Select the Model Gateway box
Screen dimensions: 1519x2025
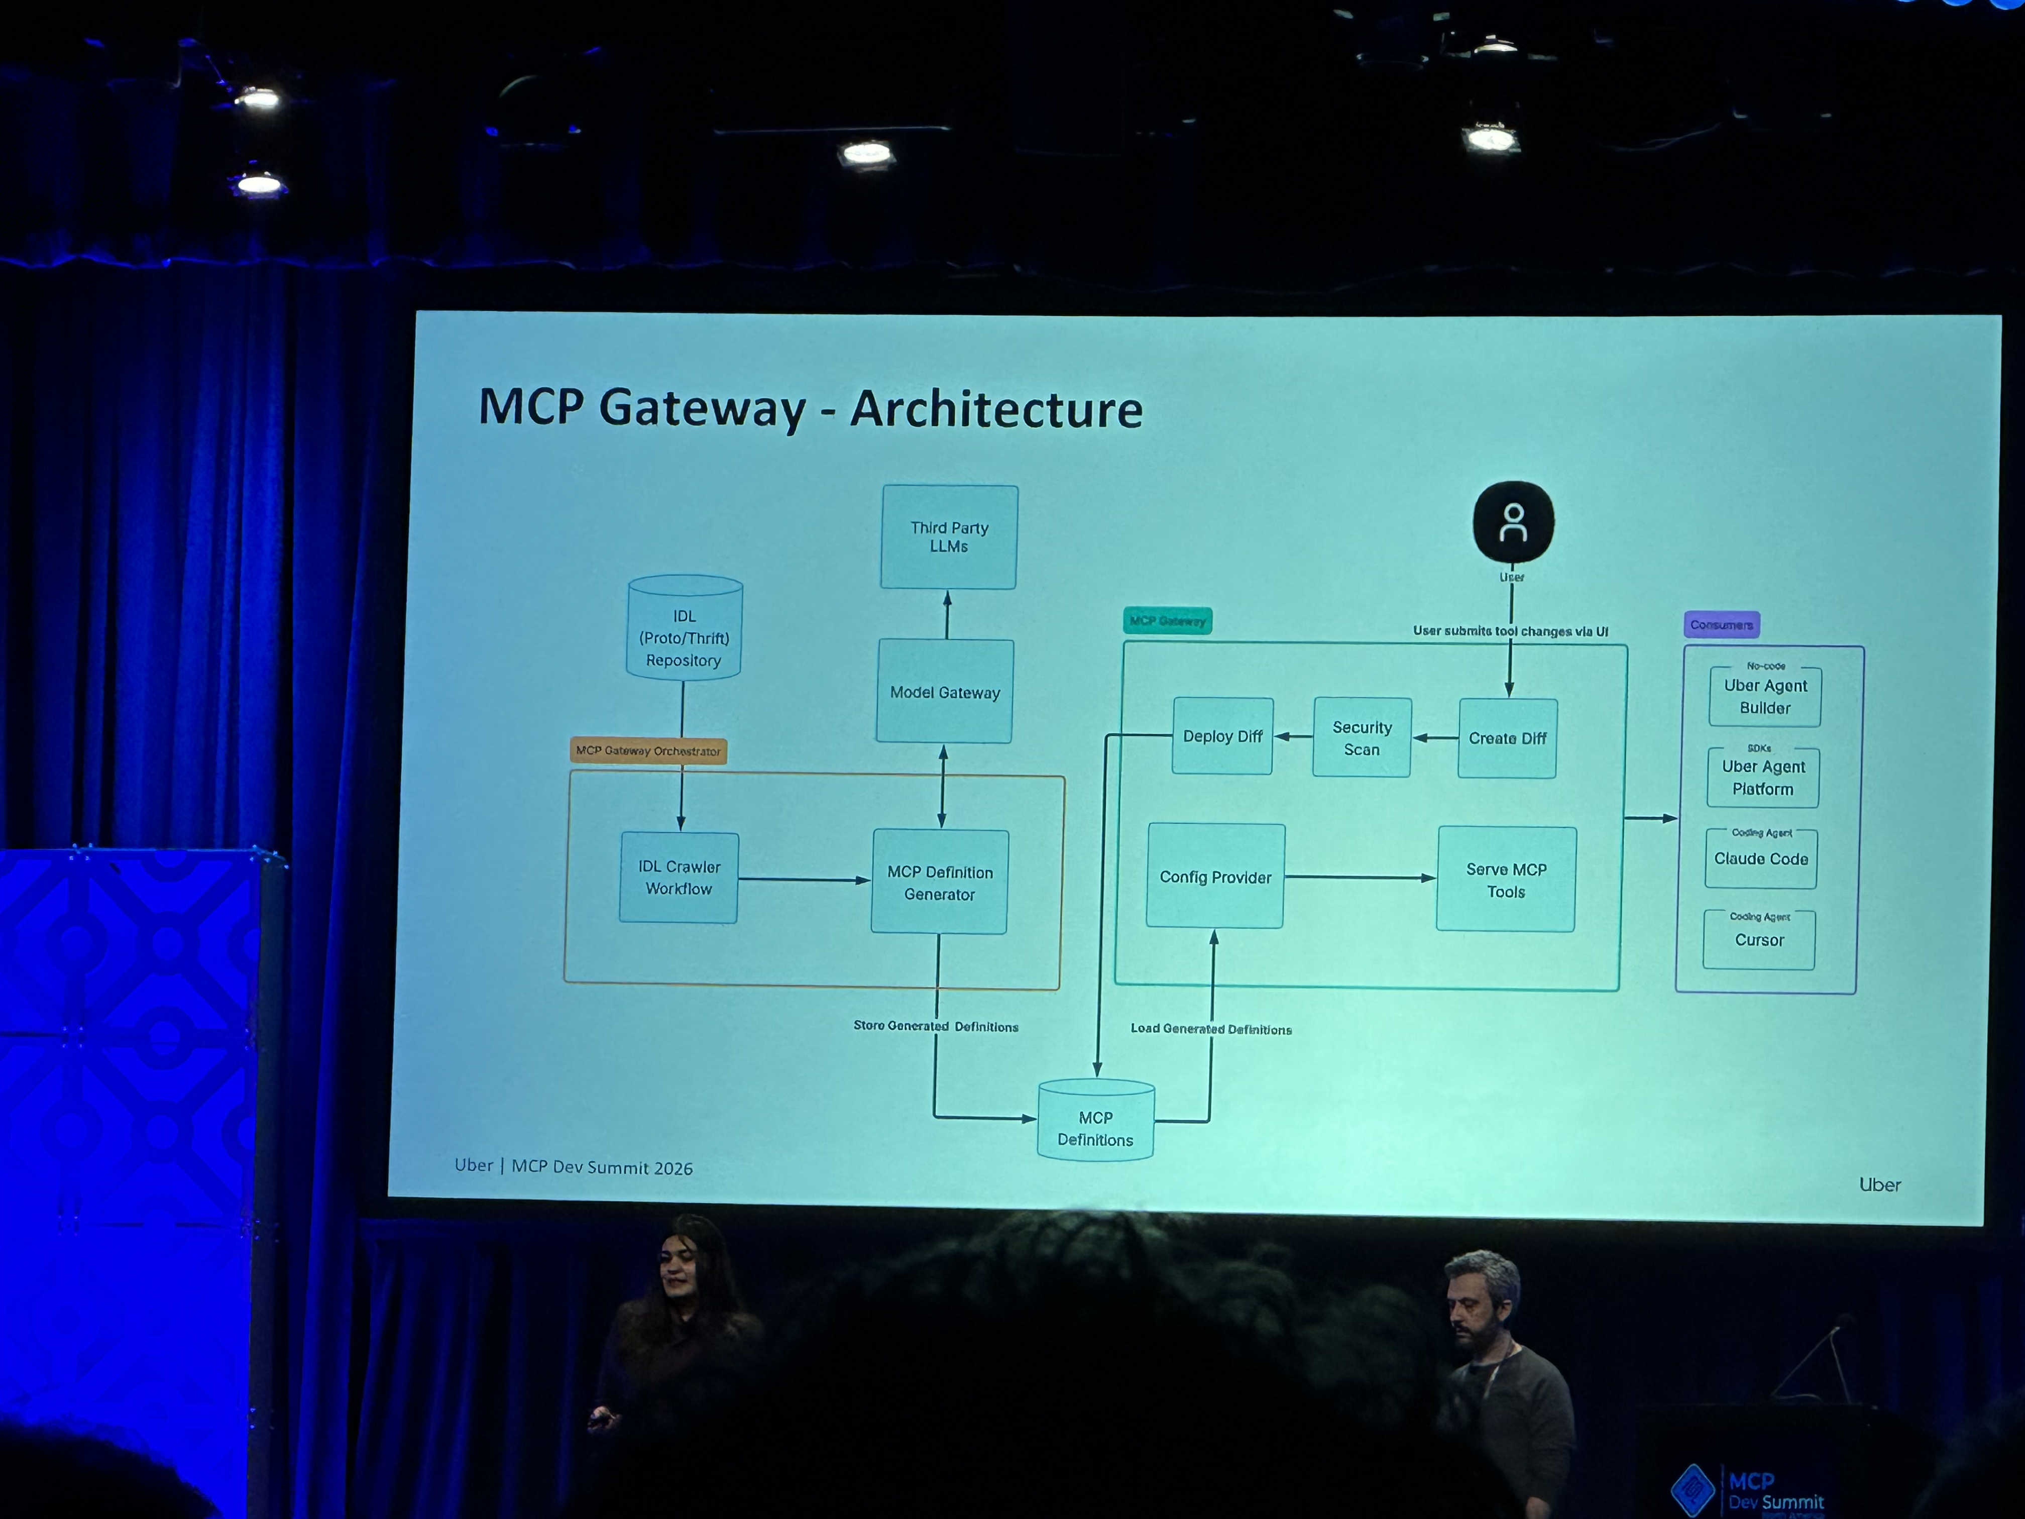pyautogui.click(x=945, y=691)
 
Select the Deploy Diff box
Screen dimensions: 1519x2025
pyautogui.click(x=1222, y=736)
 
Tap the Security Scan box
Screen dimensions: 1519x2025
pyautogui.click(x=1361, y=738)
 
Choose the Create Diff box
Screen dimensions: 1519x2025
pyautogui.click(x=1507, y=738)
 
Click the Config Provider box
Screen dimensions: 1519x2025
pyautogui.click(x=1216, y=876)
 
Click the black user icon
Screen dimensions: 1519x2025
pyautogui.click(x=1513, y=522)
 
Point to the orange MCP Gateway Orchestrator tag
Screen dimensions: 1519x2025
pyautogui.click(x=648, y=751)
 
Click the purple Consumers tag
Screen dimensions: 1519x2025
pyautogui.click(x=1721, y=624)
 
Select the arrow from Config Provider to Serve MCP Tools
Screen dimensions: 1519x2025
pyautogui.click(x=1360, y=877)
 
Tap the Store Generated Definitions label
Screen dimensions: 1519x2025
pyautogui.click(x=936, y=1026)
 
